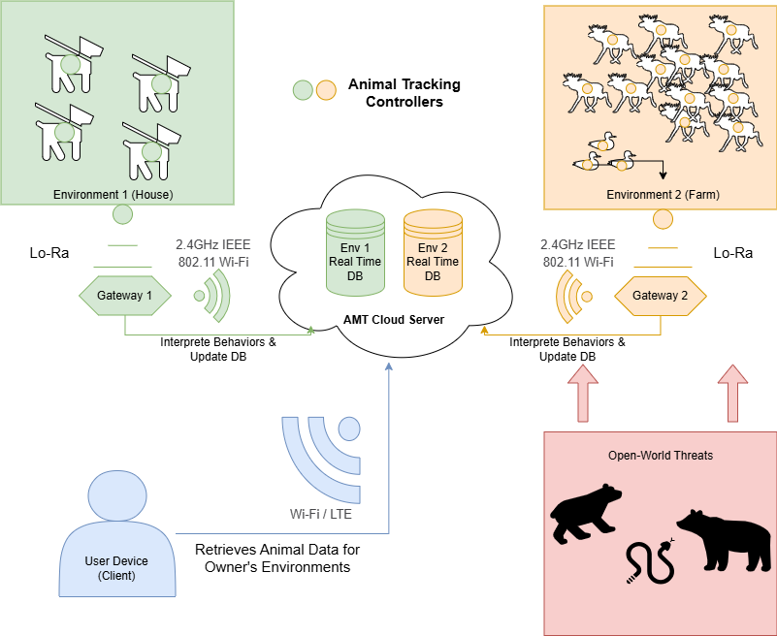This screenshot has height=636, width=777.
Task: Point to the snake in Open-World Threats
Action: [x=647, y=559]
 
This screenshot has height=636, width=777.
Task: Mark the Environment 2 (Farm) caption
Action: [x=663, y=195]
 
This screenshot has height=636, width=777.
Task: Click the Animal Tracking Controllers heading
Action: [x=405, y=93]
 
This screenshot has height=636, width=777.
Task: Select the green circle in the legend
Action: [x=303, y=91]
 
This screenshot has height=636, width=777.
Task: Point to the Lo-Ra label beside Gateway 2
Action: [x=732, y=254]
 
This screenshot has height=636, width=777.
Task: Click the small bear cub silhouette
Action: [x=584, y=513]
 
